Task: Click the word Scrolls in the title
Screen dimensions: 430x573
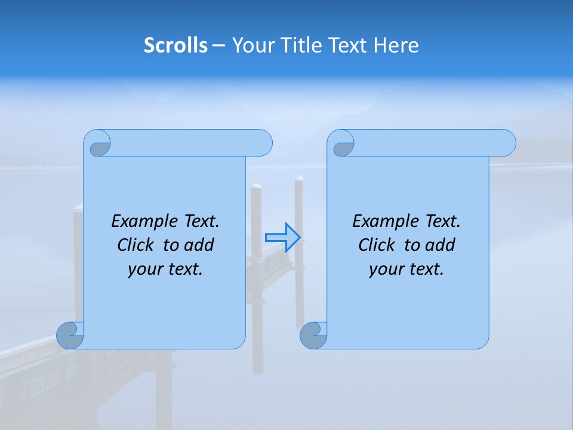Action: (x=175, y=45)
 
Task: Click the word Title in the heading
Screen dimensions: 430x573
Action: (x=300, y=45)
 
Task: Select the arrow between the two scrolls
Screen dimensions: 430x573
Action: (x=282, y=237)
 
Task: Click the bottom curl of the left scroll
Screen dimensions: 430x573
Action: (x=70, y=336)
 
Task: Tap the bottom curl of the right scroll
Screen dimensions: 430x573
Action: (x=313, y=336)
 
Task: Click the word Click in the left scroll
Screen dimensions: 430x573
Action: (x=135, y=245)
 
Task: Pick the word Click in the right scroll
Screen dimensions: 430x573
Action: (x=376, y=245)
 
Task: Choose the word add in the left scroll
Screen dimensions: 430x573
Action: (x=199, y=245)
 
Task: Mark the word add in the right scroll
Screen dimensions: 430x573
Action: (x=440, y=245)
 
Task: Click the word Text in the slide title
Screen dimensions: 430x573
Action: (x=348, y=45)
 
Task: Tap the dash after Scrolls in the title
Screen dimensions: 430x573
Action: (x=218, y=45)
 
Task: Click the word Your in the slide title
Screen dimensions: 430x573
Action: (x=254, y=45)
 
